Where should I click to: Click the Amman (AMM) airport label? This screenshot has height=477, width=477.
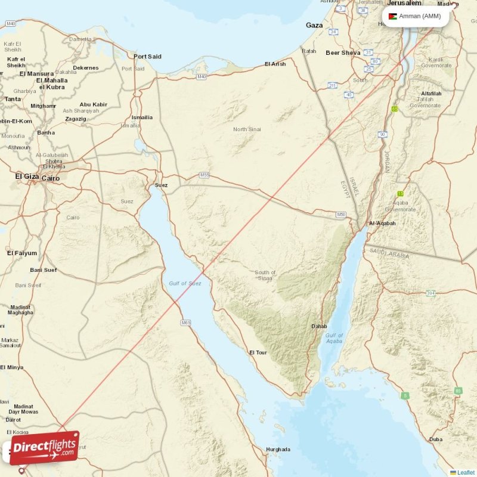[x=420, y=16]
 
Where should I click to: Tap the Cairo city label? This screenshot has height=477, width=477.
[x=50, y=178]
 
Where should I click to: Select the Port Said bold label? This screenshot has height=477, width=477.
[x=147, y=57]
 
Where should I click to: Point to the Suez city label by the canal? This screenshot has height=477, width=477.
[x=161, y=185]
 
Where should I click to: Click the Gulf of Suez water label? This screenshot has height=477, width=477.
[x=185, y=283]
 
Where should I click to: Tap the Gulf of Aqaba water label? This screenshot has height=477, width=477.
[x=334, y=338]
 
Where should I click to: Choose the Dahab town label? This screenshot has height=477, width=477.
[x=319, y=326]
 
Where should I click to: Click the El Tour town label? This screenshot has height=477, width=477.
[x=258, y=352]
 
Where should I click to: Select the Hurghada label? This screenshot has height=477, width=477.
[x=278, y=450]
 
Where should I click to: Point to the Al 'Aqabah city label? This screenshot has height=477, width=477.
[x=382, y=224]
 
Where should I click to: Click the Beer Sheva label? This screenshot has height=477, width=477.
[x=343, y=53]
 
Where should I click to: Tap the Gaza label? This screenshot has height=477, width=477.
[x=314, y=26]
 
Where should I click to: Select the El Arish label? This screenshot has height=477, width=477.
[x=275, y=64]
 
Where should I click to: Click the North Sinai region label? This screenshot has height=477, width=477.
[x=247, y=129]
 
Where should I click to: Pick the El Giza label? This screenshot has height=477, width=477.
[x=26, y=176]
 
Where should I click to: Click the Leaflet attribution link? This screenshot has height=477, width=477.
[x=465, y=472]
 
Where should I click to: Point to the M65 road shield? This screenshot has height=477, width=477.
[x=187, y=323]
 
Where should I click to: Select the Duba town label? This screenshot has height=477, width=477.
[x=436, y=439]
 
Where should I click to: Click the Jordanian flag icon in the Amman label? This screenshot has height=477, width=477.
[x=392, y=16]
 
